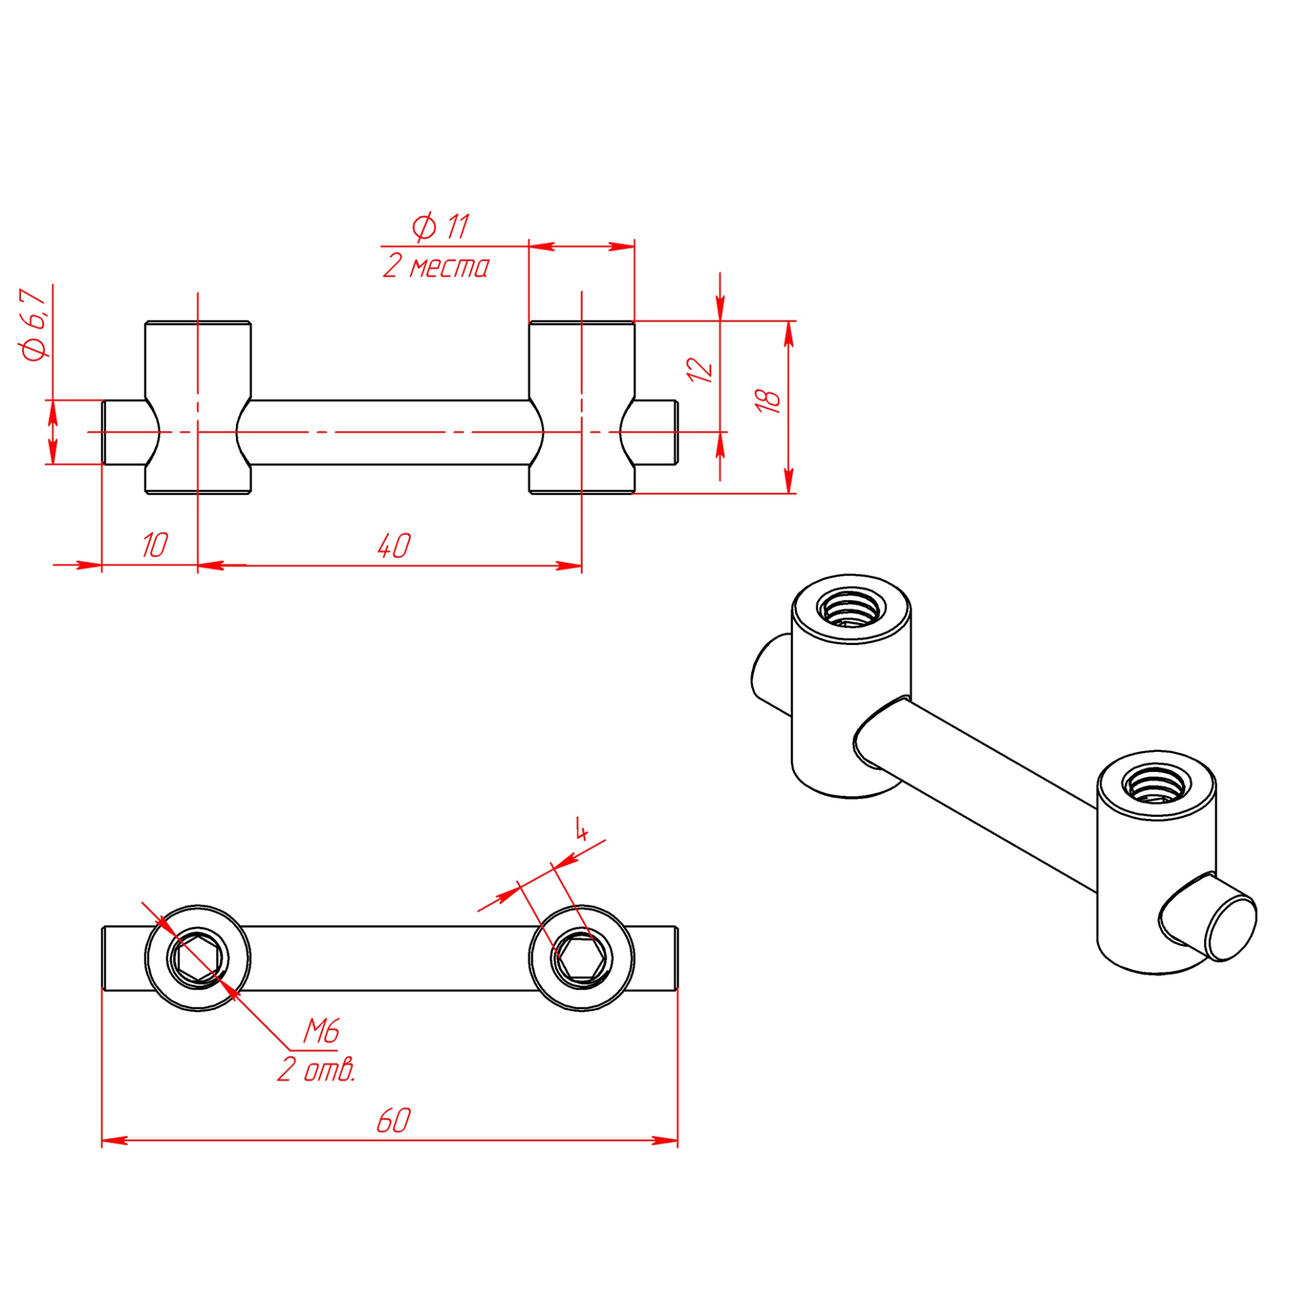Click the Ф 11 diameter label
coord(440,227)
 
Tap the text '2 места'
coord(436,267)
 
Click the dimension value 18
coord(768,401)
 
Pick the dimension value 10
coord(155,545)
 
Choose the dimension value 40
coord(394,546)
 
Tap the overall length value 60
coord(394,1120)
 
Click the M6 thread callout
coord(321,1031)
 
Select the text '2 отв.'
coord(316,1069)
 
